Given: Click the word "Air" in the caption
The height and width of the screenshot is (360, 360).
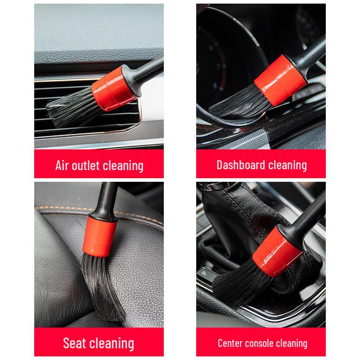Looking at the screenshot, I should pyautogui.click(x=63, y=165).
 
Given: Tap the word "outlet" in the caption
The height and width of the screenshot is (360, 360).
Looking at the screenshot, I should pyautogui.click(x=87, y=165).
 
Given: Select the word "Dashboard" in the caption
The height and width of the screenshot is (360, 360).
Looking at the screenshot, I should pyautogui.click(x=241, y=165).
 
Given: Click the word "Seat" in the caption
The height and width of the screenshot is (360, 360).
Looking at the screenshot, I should pyautogui.click(x=74, y=343).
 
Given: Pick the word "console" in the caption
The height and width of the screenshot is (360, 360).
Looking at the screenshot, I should pyautogui.click(x=263, y=343).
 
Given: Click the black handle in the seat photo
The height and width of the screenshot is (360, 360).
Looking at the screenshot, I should pyautogui.click(x=105, y=198).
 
